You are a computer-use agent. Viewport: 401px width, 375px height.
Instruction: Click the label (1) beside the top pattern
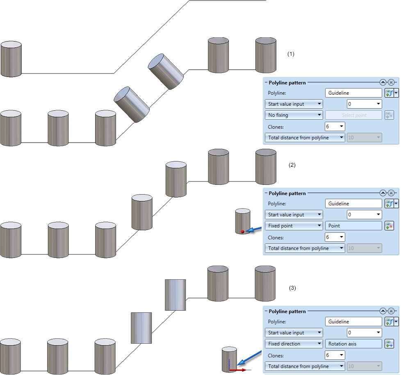tap(291, 54)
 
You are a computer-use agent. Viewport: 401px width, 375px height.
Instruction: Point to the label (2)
tap(292, 165)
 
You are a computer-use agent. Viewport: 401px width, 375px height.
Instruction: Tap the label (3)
tap(292, 288)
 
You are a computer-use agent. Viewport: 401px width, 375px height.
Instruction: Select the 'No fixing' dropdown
tap(294, 115)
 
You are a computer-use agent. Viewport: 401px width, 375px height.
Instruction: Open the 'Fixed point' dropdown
tap(294, 226)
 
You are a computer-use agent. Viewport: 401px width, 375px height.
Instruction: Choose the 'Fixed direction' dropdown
tap(294, 344)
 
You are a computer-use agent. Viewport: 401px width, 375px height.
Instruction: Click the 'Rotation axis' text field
tap(353, 344)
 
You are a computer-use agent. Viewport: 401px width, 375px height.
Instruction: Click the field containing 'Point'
tap(353, 226)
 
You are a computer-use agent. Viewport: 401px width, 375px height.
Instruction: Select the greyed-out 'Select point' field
tap(353, 115)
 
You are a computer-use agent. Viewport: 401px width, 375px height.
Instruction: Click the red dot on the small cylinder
tap(242, 232)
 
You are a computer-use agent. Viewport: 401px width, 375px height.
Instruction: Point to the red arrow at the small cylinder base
tap(238, 370)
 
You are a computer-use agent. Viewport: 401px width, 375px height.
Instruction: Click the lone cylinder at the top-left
tap(11, 59)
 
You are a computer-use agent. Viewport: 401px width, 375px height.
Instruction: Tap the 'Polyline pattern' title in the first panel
tap(287, 82)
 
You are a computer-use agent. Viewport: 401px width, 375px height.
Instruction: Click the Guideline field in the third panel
tap(353, 322)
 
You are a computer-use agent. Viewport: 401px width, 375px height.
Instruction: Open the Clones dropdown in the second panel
tap(335, 237)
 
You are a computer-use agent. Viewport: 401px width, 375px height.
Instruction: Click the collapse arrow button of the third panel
tap(383, 311)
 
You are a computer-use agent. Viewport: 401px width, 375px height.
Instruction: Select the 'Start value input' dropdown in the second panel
tap(294, 215)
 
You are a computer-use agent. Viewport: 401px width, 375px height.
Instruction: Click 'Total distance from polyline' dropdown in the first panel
tap(305, 138)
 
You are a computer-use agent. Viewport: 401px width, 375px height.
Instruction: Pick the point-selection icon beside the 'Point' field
tap(389, 226)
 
